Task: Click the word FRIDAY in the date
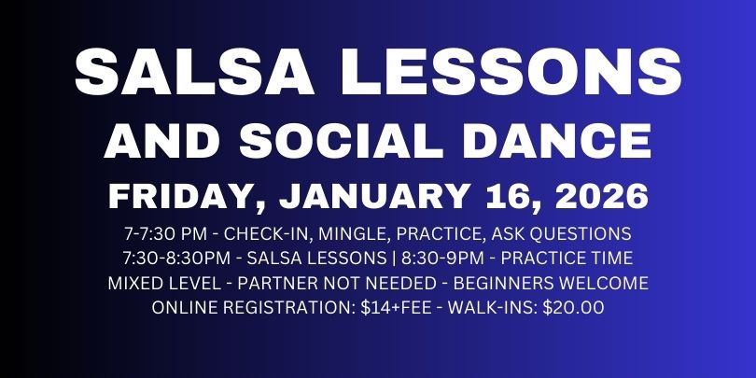pos(172,197)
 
